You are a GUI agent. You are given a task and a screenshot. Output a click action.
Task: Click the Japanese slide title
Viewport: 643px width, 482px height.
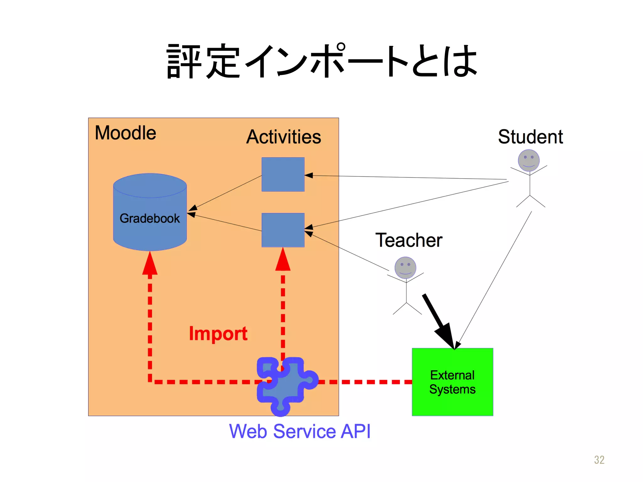(321, 61)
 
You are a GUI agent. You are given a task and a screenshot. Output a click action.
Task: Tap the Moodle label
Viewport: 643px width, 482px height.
(125, 133)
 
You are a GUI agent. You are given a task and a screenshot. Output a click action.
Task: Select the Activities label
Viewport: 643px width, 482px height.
(284, 137)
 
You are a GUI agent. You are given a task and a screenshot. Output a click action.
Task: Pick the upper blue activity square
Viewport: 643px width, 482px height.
(283, 174)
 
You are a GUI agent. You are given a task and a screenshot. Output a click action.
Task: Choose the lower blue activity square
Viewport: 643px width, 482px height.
(283, 230)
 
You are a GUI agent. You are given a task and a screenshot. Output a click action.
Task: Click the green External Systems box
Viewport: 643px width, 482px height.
(452, 382)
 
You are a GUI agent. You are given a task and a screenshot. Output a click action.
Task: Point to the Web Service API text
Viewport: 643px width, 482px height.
(300, 431)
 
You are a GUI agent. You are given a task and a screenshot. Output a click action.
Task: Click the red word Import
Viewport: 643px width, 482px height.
(218, 333)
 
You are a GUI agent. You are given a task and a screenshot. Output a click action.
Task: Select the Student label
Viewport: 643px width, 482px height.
(530, 137)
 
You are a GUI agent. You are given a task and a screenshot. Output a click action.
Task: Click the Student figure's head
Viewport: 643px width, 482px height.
(529, 160)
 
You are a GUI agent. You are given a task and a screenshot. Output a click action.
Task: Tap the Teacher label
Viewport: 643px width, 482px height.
(408, 240)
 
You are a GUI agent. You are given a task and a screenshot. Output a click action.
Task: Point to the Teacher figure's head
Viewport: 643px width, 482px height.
(405, 268)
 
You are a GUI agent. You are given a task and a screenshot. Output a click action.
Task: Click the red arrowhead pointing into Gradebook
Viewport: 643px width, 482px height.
(150, 264)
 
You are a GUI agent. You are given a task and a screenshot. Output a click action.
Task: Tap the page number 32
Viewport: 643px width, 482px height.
(599, 460)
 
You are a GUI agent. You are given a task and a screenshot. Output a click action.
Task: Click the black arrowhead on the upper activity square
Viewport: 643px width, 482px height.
(309, 175)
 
